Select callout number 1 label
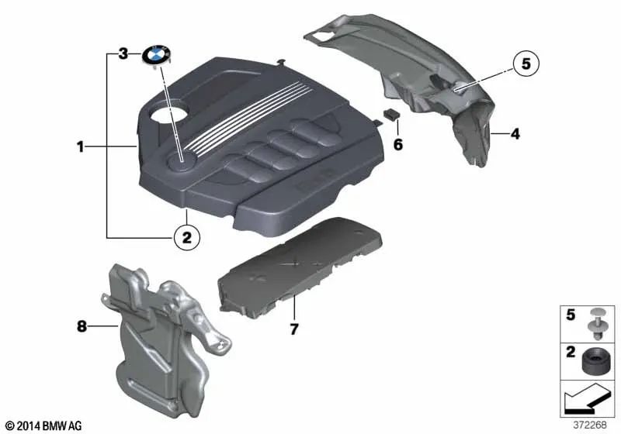[x=79, y=145]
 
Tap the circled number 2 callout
[x=186, y=237]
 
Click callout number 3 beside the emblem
[x=123, y=54]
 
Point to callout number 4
[x=515, y=134]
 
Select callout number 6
[x=398, y=144]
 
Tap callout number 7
[x=293, y=329]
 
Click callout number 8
[x=82, y=327]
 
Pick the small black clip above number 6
[x=390, y=114]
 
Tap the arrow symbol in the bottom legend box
[x=588, y=401]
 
